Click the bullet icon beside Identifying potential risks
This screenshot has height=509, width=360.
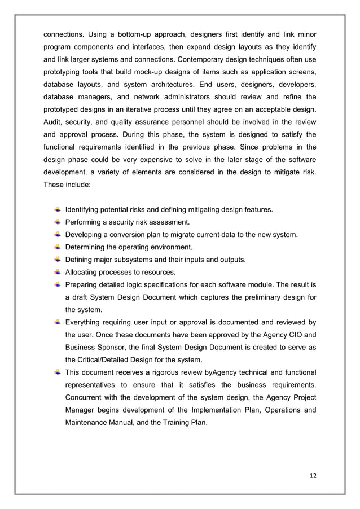(58, 210)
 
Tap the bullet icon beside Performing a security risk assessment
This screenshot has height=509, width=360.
(58, 222)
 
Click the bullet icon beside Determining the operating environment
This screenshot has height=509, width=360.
(58, 247)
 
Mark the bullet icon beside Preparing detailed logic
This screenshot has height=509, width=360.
(58, 284)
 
